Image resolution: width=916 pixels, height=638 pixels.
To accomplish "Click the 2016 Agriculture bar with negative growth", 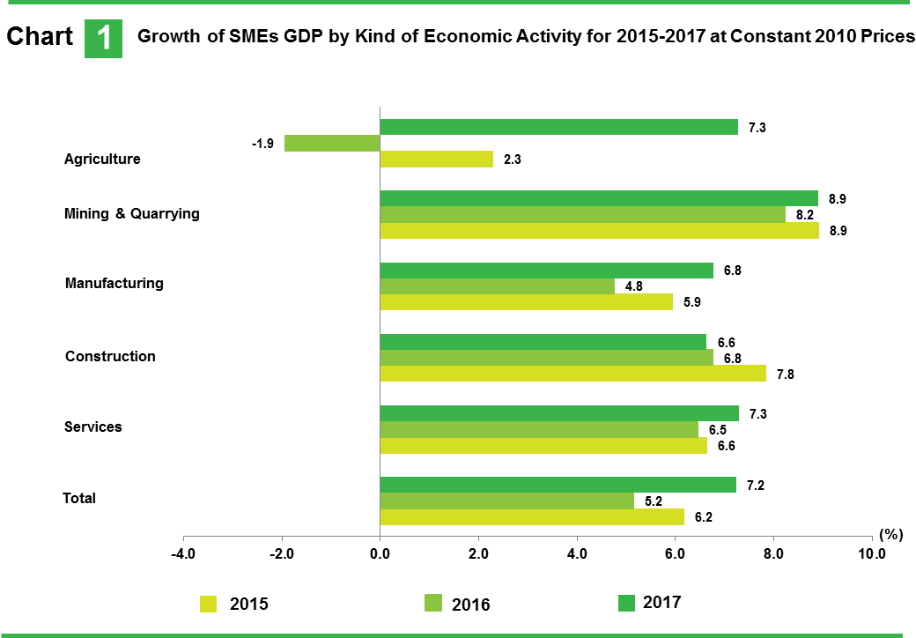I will [x=332, y=143].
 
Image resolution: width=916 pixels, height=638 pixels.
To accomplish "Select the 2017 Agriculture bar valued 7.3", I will [x=558, y=127].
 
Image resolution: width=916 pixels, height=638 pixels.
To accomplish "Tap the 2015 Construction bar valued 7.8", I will [x=572, y=374].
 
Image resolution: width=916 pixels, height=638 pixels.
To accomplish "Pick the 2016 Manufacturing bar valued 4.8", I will [x=497, y=286].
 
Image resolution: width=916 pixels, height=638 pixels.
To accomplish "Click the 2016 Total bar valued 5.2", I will [x=506, y=501].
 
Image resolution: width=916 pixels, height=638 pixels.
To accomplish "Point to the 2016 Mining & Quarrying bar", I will [x=582, y=214].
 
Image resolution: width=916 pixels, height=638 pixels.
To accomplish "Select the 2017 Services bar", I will [x=558, y=413].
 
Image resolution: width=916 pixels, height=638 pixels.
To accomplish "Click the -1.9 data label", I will [x=262, y=144].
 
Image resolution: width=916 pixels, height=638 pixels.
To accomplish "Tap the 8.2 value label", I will [x=805, y=214].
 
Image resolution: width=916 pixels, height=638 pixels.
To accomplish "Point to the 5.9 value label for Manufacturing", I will [x=691, y=302].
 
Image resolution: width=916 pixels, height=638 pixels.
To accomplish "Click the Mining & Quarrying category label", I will [x=132, y=213].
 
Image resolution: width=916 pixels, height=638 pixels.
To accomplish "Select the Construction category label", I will [x=110, y=356].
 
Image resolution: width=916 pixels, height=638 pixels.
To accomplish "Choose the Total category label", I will [x=79, y=498].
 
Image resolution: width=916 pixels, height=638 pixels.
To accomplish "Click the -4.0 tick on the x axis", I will [x=182, y=553].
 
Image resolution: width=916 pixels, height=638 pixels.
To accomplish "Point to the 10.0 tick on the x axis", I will [x=871, y=553].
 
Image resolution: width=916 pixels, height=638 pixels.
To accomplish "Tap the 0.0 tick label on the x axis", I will [x=380, y=553].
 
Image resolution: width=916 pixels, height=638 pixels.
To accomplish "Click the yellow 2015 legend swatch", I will [x=208, y=604].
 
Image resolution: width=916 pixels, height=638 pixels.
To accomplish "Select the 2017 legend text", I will [x=661, y=602].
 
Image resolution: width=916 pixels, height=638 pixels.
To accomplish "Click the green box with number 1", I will [x=103, y=38].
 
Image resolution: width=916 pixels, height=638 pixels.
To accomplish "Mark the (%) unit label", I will [x=891, y=534].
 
